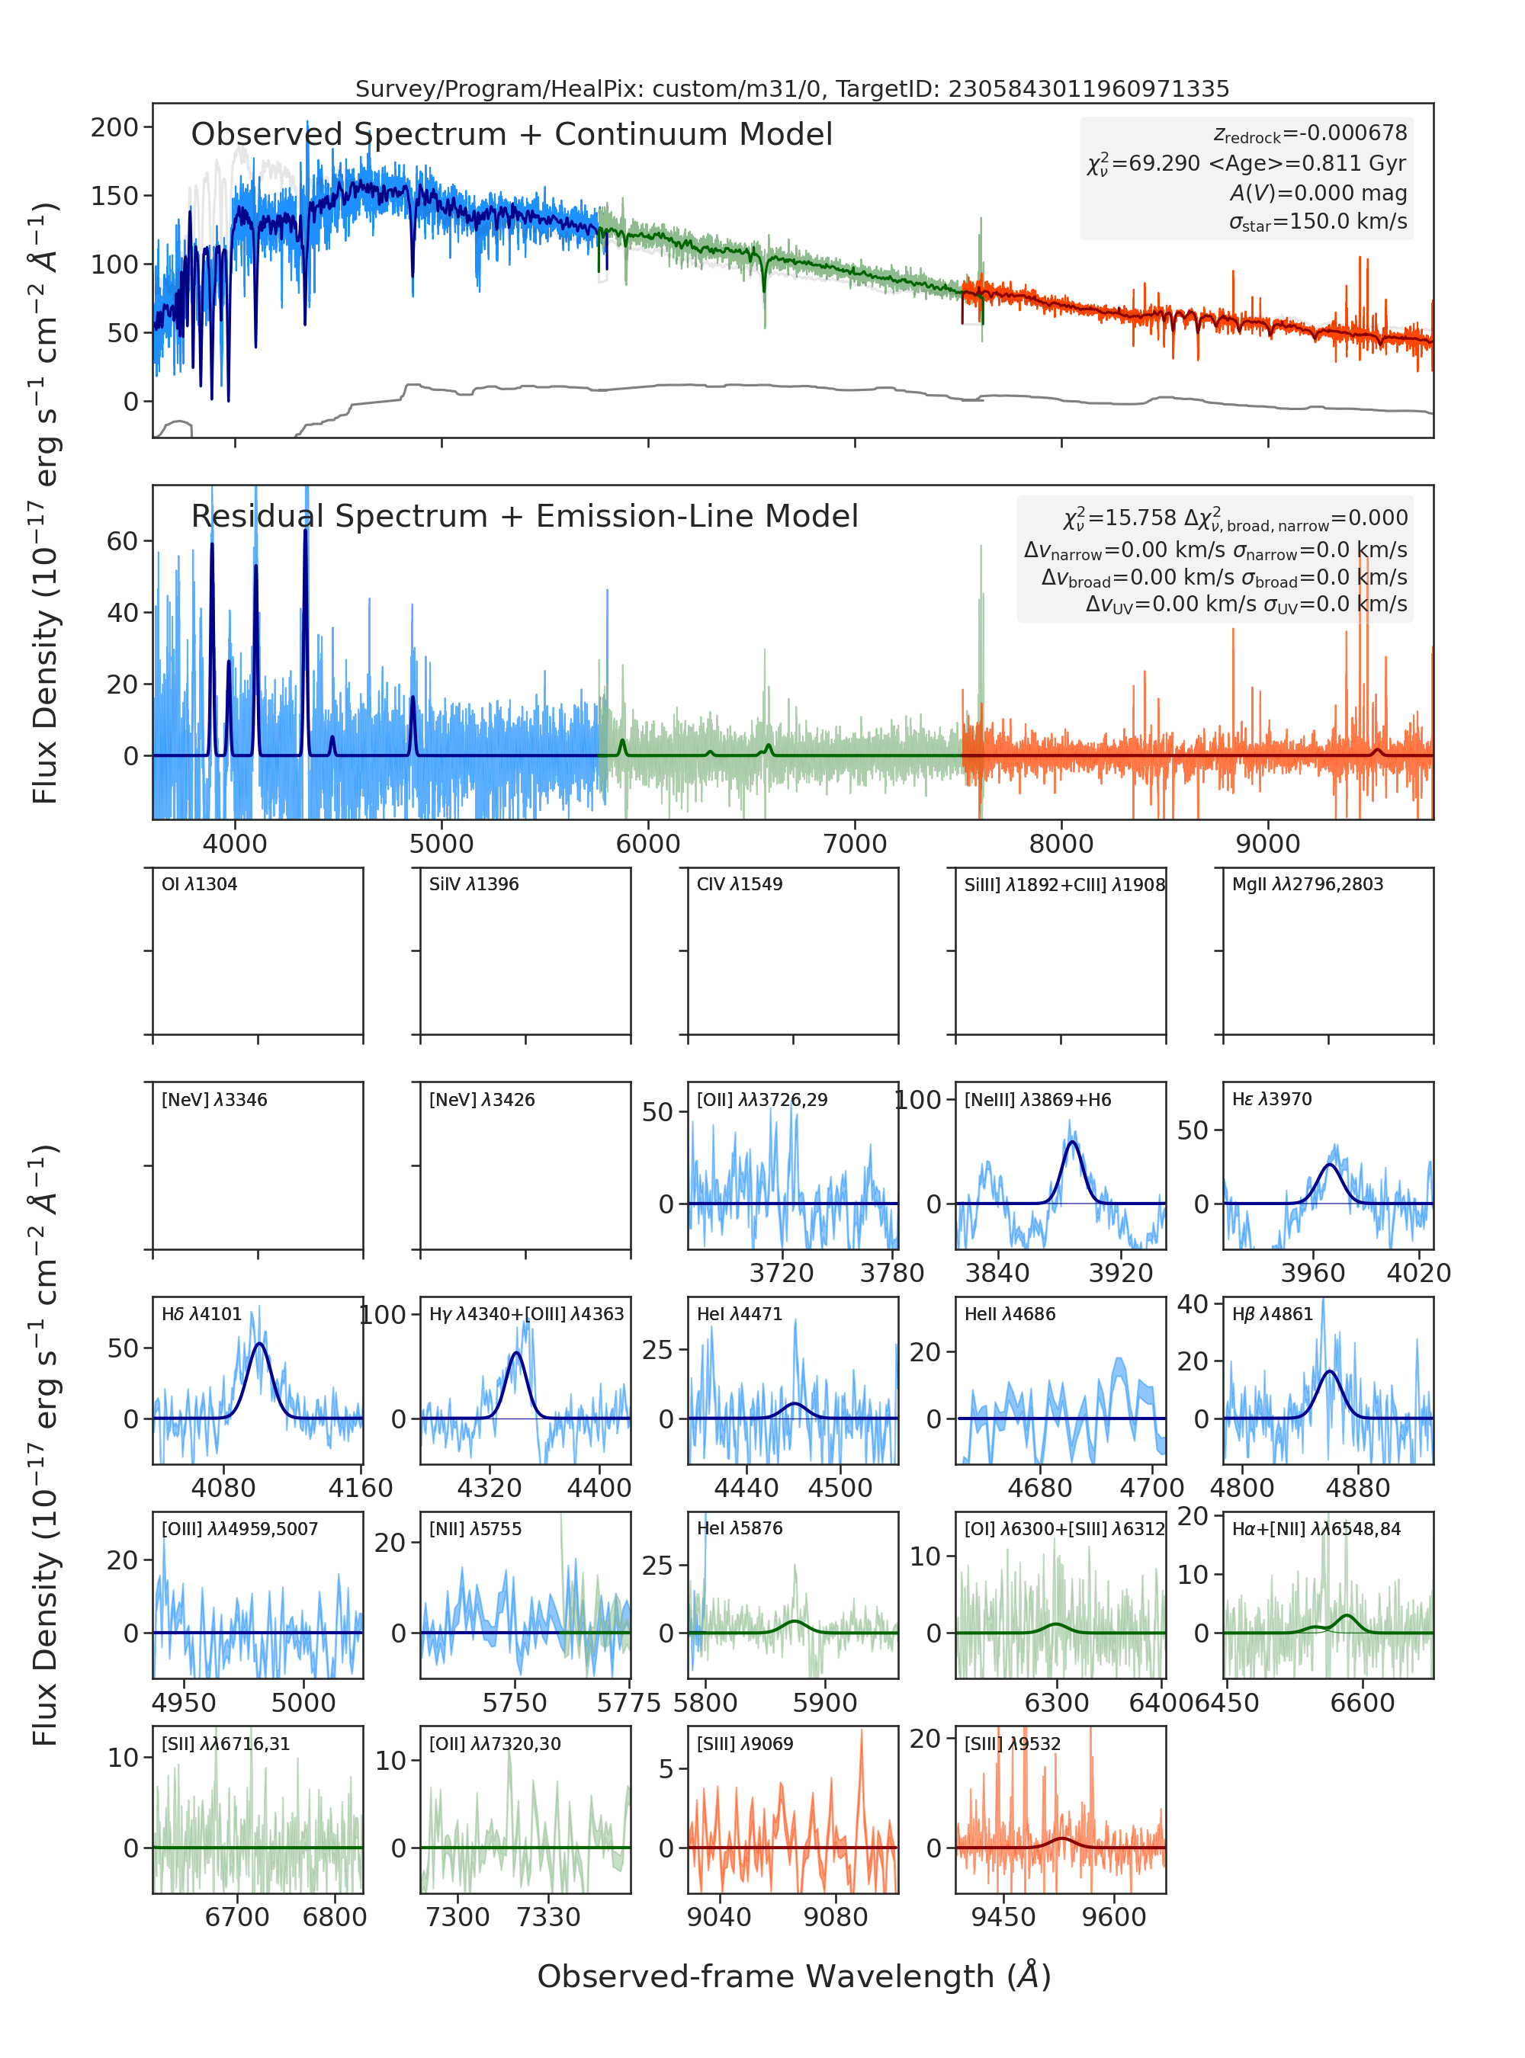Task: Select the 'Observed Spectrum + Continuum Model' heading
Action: click(512, 135)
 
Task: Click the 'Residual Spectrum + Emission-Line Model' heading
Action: click(525, 516)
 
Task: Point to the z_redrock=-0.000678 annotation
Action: click(1310, 134)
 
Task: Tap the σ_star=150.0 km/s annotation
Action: click(1318, 223)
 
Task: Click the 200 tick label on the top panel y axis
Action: click(114, 127)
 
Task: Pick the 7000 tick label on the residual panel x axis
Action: click(855, 844)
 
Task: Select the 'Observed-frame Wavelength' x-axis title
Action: click(794, 1976)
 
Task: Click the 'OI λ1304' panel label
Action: click(200, 884)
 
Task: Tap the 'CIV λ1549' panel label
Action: click(740, 884)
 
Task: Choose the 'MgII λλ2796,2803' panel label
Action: click(1308, 884)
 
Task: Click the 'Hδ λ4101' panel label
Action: click(201, 1314)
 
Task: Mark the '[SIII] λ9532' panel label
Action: click(1013, 1744)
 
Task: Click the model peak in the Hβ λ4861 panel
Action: click(1329, 1371)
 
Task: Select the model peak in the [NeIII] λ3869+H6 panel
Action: click(1072, 1143)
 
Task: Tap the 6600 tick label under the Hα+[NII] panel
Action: click(1363, 1703)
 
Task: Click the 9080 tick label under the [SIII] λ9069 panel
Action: click(836, 1917)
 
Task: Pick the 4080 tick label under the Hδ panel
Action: click(223, 1488)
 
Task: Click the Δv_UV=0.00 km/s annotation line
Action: click(1246, 605)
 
